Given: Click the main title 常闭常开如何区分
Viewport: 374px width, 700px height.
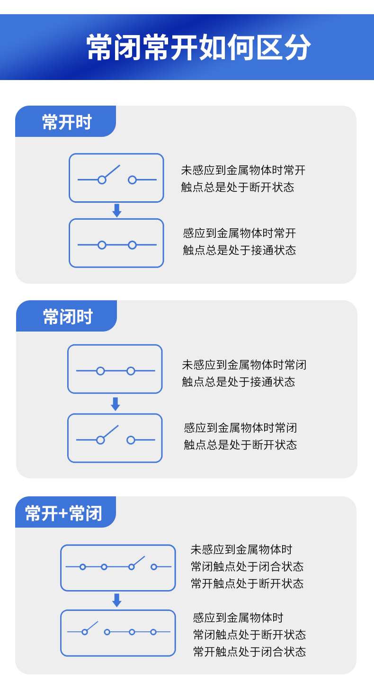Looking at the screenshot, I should (198, 48).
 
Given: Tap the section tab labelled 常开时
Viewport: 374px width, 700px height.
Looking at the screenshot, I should (66, 122).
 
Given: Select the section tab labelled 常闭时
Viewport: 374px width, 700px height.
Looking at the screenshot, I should (67, 316).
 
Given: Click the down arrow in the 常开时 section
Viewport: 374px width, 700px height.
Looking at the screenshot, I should (117, 211).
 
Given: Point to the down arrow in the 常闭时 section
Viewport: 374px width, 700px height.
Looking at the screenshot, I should (115, 404).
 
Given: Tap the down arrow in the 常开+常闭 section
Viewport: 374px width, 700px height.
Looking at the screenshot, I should (117, 600).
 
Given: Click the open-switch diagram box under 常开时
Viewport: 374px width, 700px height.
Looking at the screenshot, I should (116, 178).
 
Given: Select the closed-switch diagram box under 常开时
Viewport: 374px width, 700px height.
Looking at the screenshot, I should (116, 243).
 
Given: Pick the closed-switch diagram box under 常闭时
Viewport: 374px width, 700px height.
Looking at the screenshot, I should (115, 369).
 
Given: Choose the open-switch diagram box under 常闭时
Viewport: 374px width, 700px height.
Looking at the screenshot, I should (115, 438).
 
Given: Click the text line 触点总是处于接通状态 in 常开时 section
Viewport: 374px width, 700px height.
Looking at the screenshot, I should (239, 250).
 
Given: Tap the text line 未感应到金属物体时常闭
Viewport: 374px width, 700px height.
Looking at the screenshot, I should (244, 365).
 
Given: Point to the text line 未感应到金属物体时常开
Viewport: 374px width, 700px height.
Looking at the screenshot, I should (243, 170).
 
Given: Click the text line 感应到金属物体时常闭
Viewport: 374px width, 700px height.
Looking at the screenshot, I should (240, 428).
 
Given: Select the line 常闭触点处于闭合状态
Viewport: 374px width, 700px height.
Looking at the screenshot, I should (247, 566).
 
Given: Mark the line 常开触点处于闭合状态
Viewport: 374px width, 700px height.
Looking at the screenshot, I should (249, 652).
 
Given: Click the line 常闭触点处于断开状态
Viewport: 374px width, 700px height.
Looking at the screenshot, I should (249, 635).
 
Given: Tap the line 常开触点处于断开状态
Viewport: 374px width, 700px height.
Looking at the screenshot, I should (247, 583).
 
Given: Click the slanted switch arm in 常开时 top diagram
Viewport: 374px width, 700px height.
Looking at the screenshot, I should (112, 171).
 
